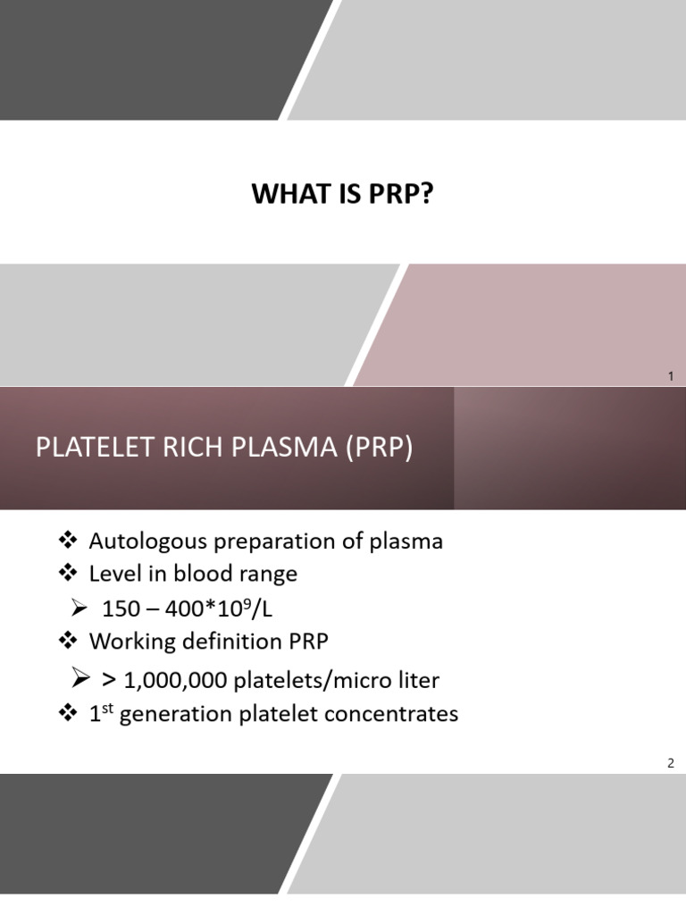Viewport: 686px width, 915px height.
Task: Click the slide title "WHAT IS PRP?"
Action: click(342, 195)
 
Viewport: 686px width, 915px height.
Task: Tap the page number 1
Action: click(671, 377)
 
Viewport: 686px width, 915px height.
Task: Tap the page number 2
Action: click(671, 762)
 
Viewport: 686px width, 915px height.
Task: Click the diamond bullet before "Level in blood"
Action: click(68, 573)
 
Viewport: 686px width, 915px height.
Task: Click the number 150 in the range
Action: click(121, 609)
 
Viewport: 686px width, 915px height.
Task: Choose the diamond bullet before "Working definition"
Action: click(68, 641)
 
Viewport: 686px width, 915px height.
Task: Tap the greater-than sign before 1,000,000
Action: click(108, 680)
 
